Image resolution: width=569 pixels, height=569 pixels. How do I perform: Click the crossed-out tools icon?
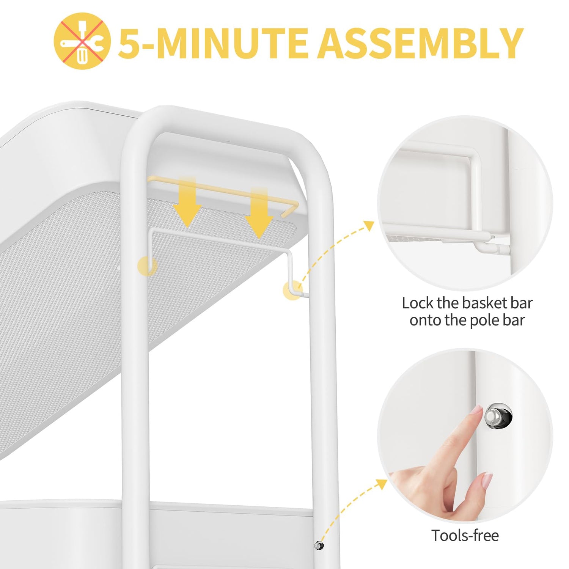click(82, 41)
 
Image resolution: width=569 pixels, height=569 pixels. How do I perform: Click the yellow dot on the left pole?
click(147, 266)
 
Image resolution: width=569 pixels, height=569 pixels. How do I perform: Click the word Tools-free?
click(465, 536)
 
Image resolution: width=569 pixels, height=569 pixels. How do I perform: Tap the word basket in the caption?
click(484, 303)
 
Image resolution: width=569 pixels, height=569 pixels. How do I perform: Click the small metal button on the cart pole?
click(319, 545)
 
